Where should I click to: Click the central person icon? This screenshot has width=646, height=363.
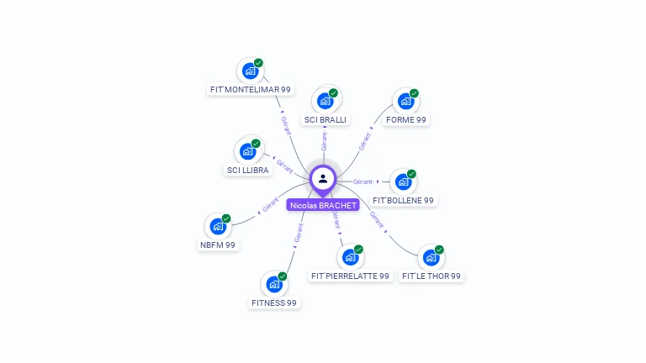[x=323, y=178]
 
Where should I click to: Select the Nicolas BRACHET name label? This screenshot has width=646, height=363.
[x=323, y=205]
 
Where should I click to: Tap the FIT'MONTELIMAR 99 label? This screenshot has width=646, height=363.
[x=250, y=89]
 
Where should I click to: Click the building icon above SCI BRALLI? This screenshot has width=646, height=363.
[x=325, y=101]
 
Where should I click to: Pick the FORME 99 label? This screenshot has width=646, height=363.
[x=405, y=120]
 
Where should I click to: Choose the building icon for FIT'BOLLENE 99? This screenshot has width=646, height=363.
[x=403, y=181]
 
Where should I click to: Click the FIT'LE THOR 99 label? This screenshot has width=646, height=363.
[x=432, y=276]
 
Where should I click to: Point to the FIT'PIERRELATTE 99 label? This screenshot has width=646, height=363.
[x=350, y=276]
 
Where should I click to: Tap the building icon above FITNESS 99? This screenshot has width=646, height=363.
[x=274, y=284]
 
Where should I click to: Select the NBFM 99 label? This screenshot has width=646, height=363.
[x=218, y=245]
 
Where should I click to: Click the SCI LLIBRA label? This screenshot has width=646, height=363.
[x=248, y=170]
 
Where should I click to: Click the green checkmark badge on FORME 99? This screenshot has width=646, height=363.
[x=414, y=93]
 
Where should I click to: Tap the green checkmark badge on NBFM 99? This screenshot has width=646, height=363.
[x=226, y=218]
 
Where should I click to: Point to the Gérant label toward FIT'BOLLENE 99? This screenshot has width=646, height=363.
[x=363, y=181]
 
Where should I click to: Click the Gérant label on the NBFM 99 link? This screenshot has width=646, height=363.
[x=270, y=204]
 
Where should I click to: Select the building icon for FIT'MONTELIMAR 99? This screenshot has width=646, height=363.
[x=250, y=71]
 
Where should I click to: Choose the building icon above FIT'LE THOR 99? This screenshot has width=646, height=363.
[x=431, y=257]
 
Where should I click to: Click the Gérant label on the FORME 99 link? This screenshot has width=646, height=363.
[x=364, y=141]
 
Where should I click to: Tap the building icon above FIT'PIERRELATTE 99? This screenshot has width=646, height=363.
[x=350, y=257]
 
